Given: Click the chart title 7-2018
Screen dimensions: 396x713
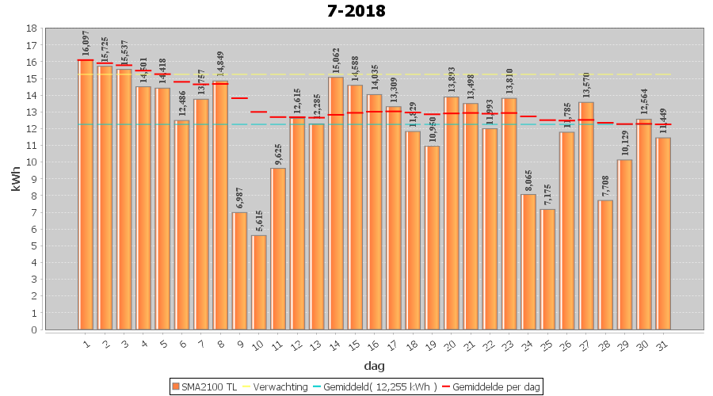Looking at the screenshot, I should [x=356, y=11].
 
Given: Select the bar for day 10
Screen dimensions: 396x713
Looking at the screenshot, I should [x=259, y=282].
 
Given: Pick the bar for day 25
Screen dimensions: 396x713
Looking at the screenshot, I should [x=547, y=269].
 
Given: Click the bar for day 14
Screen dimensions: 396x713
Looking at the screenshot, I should [x=336, y=203].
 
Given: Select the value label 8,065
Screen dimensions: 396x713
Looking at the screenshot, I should [x=528, y=180].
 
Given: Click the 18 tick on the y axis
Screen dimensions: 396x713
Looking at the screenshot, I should [x=31, y=29].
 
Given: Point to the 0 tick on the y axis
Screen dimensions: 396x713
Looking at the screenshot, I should [x=33, y=329].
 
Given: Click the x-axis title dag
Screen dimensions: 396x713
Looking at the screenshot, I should [x=375, y=366].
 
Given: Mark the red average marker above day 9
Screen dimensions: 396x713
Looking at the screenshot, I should [x=239, y=98].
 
